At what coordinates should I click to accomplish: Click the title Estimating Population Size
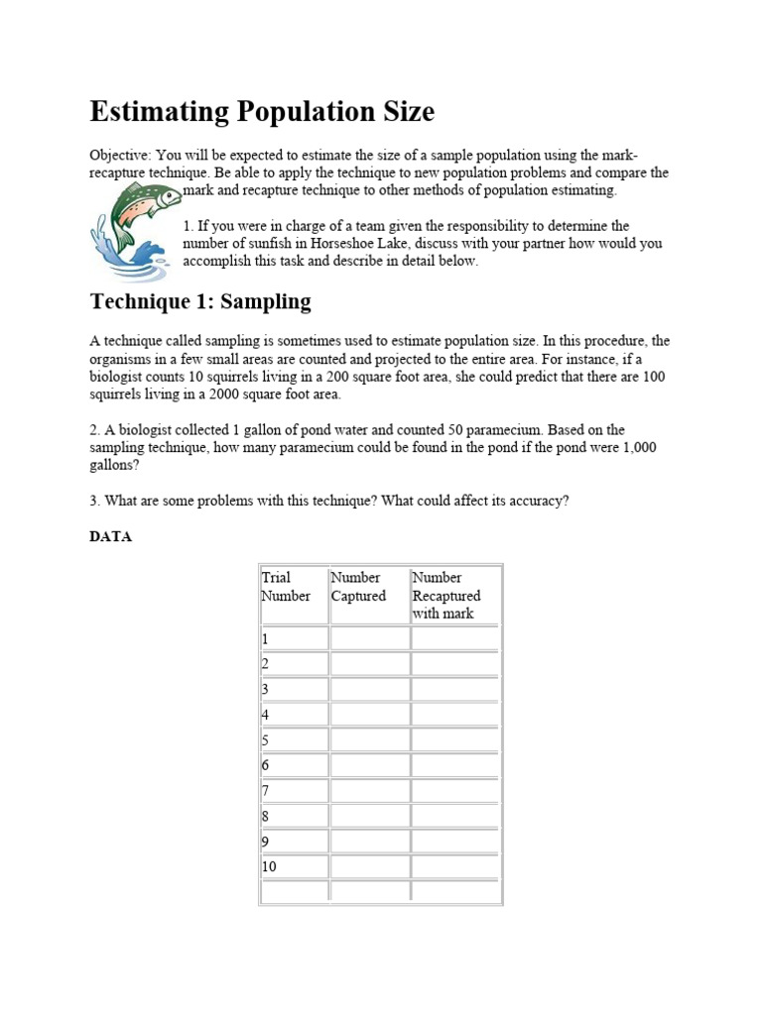pyautogui.click(x=262, y=112)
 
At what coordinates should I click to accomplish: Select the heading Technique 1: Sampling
pyautogui.click(x=200, y=301)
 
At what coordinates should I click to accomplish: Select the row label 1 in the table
pyautogui.click(x=265, y=639)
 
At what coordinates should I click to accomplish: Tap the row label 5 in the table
pyautogui.click(x=265, y=740)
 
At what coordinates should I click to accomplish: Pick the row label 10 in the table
pyautogui.click(x=269, y=866)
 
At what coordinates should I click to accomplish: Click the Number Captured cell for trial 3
pyautogui.click(x=368, y=689)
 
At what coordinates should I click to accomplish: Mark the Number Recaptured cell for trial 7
pyautogui.click(x=455, y=790)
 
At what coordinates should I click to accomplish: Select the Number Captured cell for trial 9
pyautogui.click(x=368, y=841)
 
